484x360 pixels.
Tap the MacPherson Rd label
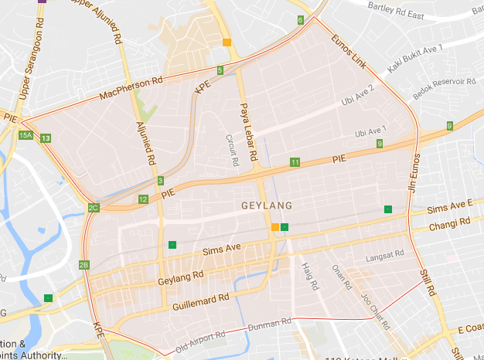point(131,90)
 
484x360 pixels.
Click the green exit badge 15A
point(26,135)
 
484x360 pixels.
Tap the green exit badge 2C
point(94,208)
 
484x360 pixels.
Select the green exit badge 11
point(295,162)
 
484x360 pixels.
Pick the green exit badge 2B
point(84,265)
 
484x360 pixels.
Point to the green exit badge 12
point(143,199)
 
